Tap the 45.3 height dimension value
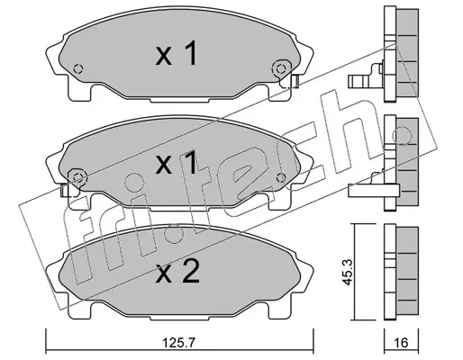click(349, 273)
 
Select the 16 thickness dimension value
click(402, 342)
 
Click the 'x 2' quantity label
click(177, 272)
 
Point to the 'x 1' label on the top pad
click(177, 53)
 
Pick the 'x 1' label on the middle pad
click(177, 163)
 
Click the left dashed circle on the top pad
click(78, 69)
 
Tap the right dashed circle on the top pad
click(281, 69)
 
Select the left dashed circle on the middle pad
click(78, 177)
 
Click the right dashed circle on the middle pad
click(281, 177)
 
